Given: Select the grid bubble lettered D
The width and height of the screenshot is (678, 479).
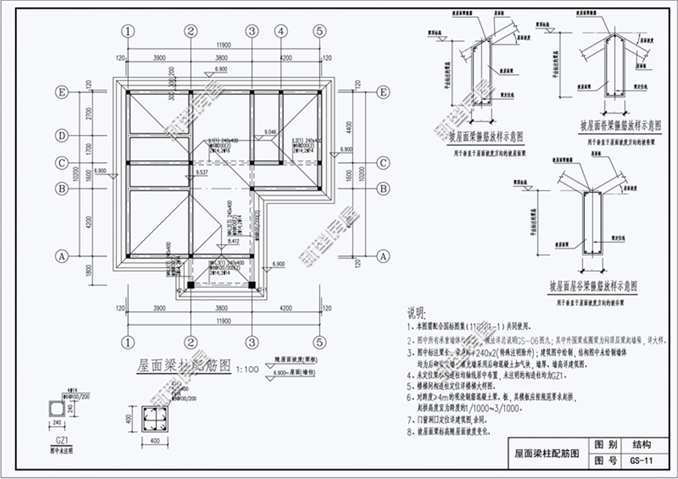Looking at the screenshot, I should pos(62,136).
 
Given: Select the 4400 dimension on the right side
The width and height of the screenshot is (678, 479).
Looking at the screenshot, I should pos(350,127).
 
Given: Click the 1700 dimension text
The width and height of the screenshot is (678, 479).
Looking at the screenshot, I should pos(88,149).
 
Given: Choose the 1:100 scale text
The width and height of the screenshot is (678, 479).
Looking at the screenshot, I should pos(247,369).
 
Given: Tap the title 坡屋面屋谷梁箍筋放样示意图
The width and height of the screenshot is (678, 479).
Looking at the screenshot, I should pos(593,288).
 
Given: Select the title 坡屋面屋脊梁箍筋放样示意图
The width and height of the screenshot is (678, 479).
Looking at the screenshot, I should pos(620,126).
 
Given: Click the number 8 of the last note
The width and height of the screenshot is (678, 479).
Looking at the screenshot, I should pos(409,431).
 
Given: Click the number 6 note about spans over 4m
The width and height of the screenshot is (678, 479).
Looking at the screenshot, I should pos(409,396).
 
